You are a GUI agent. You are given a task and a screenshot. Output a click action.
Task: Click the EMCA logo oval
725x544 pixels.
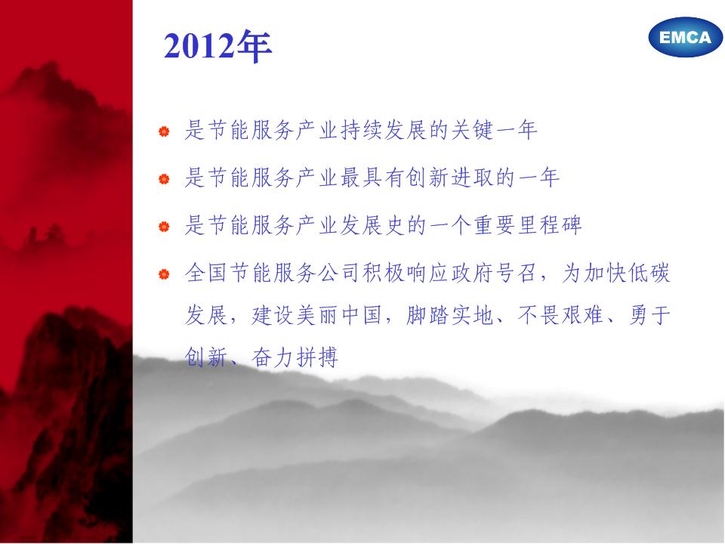685,37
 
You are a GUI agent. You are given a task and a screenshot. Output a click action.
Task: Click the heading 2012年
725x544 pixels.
217,46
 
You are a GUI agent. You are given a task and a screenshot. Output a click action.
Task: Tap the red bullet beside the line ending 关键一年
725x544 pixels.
164,131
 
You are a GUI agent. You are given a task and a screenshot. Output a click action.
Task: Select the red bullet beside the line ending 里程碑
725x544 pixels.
164,227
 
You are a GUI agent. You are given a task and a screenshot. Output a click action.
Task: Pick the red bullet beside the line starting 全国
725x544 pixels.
164,274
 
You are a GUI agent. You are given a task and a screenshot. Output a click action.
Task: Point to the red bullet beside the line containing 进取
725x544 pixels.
164,179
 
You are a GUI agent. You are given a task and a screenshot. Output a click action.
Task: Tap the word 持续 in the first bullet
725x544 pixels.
362,130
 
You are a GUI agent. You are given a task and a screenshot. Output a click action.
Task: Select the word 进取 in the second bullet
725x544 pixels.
473,178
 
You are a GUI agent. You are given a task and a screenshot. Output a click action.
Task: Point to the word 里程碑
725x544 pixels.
550,225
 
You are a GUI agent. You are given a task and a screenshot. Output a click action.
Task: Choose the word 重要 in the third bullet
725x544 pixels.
495,225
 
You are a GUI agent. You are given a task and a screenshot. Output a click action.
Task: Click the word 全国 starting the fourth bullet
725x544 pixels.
205,273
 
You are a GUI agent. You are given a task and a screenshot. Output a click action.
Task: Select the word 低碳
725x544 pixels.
649,273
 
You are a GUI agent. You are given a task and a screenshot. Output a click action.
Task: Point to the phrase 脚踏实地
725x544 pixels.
450,316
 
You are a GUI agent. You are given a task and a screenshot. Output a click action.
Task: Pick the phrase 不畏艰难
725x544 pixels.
561,316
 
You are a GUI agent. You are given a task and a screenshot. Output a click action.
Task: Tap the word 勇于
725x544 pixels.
649,316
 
